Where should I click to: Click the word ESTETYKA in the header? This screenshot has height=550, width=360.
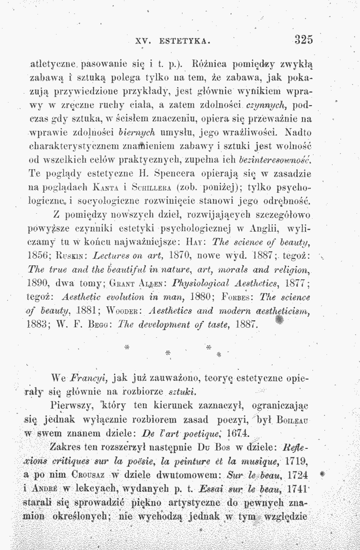coord(185,39)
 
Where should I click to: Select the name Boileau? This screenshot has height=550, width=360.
coord(298,416)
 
